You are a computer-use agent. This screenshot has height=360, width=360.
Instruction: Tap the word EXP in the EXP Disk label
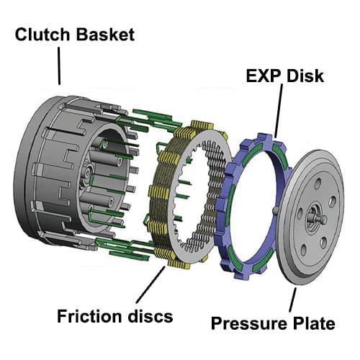click(261, 76)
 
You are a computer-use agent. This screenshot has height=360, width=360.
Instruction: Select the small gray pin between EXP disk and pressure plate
click(277, 210)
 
